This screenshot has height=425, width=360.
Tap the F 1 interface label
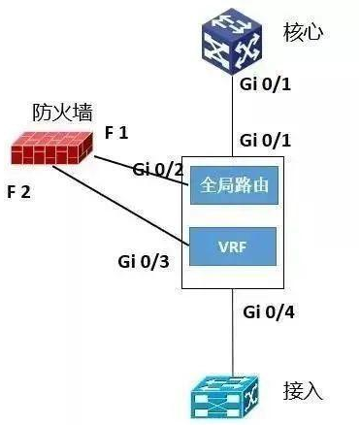click(x=116, y=132)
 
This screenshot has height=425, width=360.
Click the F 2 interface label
click(x=19, y=191)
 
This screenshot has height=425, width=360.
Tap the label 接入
click(x=305, y=392)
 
